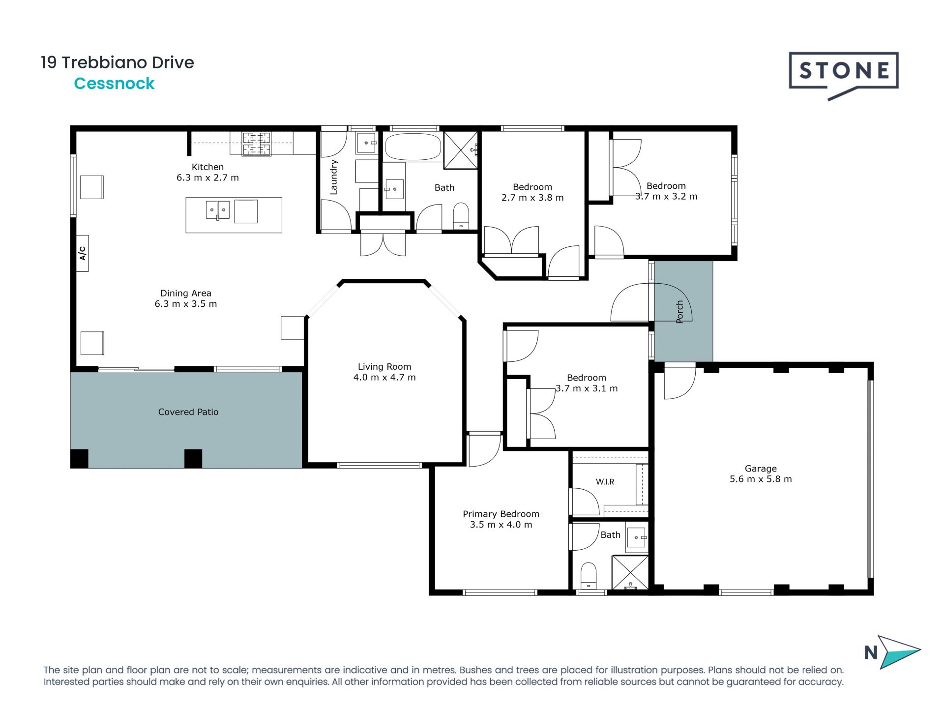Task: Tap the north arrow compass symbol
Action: point(893,652)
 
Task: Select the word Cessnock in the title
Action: point(114,84)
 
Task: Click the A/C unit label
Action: point(82,253)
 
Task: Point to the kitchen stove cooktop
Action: point(256,144)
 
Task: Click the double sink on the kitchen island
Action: point(217,210)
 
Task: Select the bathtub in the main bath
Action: point(413,147)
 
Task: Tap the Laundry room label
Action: point(334,177)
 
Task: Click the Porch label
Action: point(679,312)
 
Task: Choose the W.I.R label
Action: point(605,482)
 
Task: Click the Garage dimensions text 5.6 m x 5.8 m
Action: point(761,479)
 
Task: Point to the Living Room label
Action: point(384,366)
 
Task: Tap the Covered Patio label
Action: point(188,412)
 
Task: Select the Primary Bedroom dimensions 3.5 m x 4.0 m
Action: point(501,525)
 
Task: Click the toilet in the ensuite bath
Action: point(589,576)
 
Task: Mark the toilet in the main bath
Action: point(461,216)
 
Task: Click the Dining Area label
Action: point(186,293)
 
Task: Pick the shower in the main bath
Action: point(461,149)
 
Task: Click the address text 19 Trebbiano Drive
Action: point(118,62)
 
